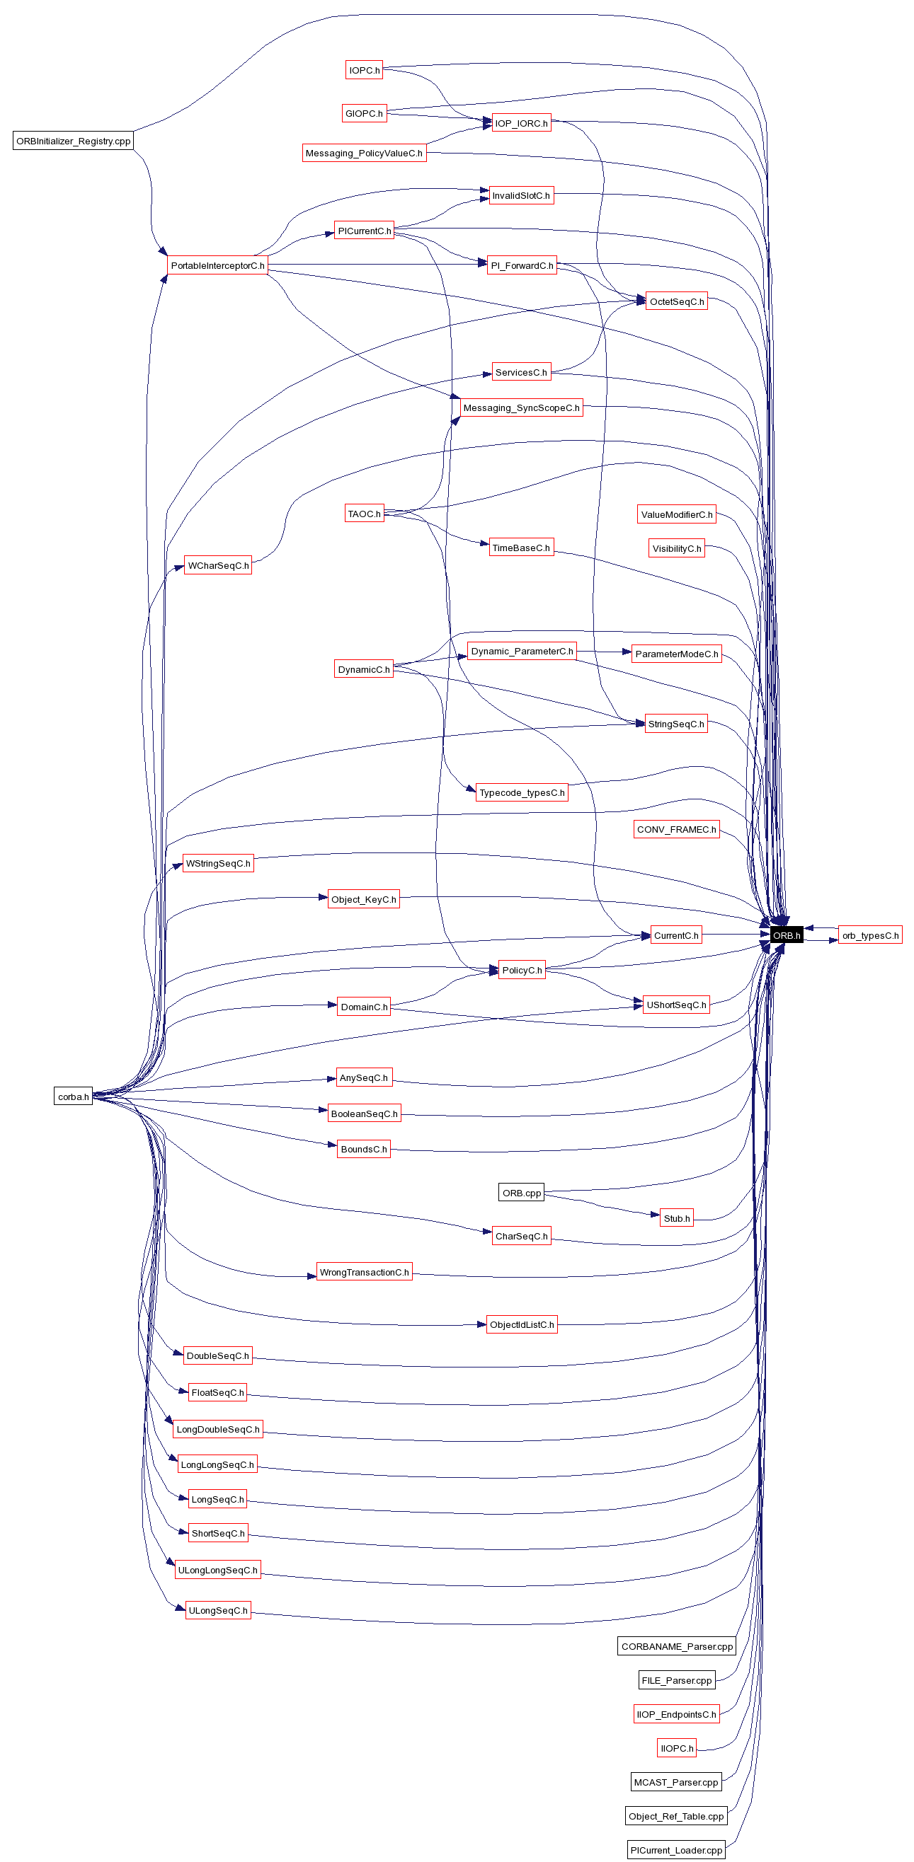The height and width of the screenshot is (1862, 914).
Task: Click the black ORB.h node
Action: [x=786, y=935]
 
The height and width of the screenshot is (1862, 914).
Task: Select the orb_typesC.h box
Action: [x=870, y=935]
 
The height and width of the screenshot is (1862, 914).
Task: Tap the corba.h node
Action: [x=73, y=1096]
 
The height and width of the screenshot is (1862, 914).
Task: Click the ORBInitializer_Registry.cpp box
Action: [x=73, y=141]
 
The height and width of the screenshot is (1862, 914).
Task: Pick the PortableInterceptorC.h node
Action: [x=217, y=265]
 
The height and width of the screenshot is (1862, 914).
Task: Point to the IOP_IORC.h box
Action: [x=520, y=123]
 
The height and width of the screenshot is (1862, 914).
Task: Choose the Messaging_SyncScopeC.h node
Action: [x=520, y=407]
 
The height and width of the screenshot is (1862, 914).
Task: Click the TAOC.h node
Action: [x=364, y=514]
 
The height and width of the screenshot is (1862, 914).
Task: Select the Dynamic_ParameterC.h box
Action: [x=521, y=651]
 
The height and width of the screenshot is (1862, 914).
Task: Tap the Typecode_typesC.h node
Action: [x=521, y=792]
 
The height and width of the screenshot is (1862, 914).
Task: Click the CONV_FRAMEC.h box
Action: [x=676, y=829]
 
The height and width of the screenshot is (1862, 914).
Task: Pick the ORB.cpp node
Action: [x=520, y=1193]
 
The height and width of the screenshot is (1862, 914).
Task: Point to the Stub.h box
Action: [x=676, y=1218]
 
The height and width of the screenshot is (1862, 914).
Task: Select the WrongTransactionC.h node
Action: [x=364, y=1272]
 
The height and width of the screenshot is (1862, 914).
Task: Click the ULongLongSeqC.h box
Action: [x=217, y=1570]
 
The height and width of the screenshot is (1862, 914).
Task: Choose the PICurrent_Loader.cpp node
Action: [x=675, y=1850]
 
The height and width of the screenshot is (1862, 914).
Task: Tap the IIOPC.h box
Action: [x=676, y=1748]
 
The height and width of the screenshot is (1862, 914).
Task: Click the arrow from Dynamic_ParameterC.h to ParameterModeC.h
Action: [x=603, y=652]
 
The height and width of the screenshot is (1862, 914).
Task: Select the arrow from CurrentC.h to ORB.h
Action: [x=734, y=935]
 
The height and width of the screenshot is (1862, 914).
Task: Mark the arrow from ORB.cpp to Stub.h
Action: [x=600, y=1205]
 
